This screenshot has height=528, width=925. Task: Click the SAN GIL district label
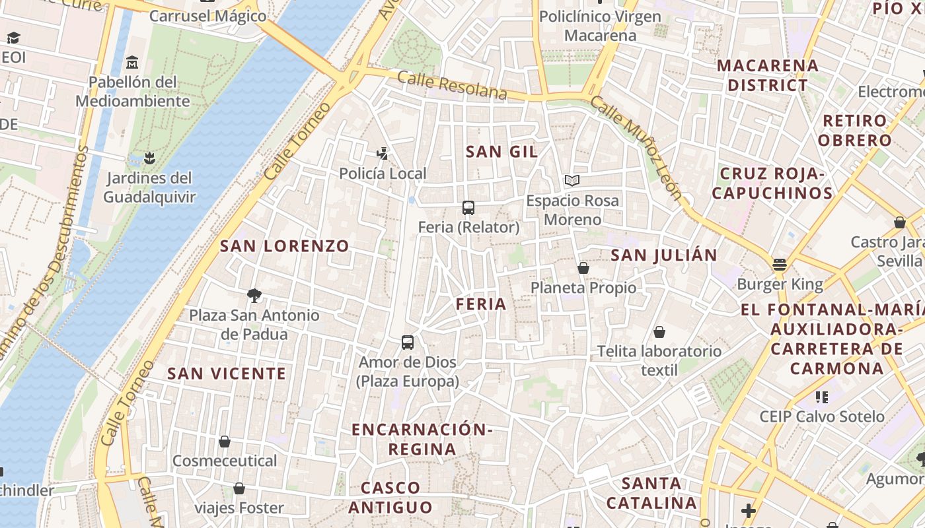pyautogui.click(x=501, y=152)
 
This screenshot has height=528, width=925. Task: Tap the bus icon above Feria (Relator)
pyautogui.click(x=468, y=208)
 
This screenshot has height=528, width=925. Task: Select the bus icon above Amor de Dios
pyautogui.click(x=408, y=343)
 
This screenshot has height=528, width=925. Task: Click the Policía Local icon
pyautogui.click(x=382, y=154)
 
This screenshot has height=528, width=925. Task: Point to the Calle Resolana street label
pyautogui.click(x=453, y=86)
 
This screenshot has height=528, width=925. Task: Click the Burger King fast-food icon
pyautogui.click(x=780, y=265)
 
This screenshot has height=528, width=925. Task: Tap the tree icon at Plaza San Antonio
pyautogui.click(x=254, y=295)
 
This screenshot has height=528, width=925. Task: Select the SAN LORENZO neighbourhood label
pyautogui.click(x=284, y=246)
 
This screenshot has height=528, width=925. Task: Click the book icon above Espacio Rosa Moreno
pyautogui.click(x=572, y=180)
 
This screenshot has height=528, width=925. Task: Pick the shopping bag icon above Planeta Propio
pyautogui.click(x=583, y=268)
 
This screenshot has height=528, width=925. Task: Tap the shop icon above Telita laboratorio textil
pyautogui.click(x=659, y=331)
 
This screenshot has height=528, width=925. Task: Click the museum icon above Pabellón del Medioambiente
pyautogui.click(x=132, y=63)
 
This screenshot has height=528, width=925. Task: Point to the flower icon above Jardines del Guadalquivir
pyautogui.click(x=149, y=158)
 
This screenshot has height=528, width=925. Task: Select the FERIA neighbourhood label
pyautogui.click(x=481, y=304)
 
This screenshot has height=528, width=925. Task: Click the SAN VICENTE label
pyautogui.click(x=227, y=374)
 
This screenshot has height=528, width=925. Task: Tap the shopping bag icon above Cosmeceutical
pyautogui.click(x=225, y=441)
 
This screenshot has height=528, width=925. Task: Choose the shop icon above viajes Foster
pyautogui.click(x=239, y=488)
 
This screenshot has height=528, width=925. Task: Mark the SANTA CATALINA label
pyautogui.click(x=651, y=493)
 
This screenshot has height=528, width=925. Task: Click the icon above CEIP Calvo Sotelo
pyautogui.click(x=822, y=397)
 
